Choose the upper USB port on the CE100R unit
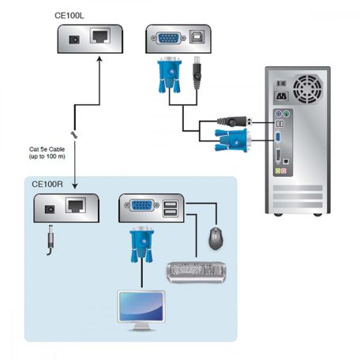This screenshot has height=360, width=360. tap(171, 204)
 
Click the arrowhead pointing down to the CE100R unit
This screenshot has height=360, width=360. tap(73, 186)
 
